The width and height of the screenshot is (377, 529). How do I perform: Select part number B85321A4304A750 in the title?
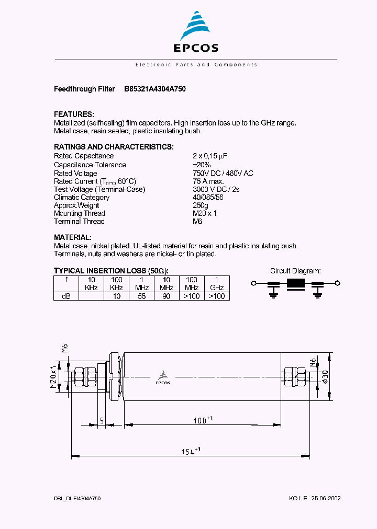tap(155, 89)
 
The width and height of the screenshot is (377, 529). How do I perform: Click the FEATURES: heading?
tap(74, 114)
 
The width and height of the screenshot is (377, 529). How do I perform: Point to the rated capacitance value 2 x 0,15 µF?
tap(209, 156)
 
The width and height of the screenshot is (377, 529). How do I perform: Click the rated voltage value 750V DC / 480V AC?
tap(223, 173)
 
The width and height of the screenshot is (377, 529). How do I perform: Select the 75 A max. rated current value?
tap(208, 181)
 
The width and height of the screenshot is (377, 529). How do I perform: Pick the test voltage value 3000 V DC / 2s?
tap(216, 189)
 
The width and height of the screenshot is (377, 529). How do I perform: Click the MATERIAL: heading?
tap(73, 237)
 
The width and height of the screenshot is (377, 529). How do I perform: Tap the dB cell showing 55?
tap(141, 296)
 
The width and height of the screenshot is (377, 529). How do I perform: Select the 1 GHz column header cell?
tap(217, 283)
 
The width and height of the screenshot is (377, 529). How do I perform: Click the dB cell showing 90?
tap(167, 296)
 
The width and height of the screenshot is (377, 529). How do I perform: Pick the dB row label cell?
tap(66, 296)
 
